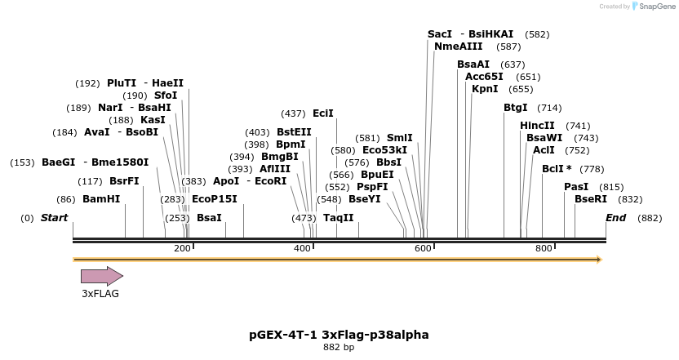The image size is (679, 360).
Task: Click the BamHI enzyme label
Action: coord(101,199)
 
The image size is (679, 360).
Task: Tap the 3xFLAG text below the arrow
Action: coord(100,294)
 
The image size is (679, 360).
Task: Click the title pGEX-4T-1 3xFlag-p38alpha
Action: coord(339,335)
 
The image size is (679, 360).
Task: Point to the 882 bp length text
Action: coord(339,348)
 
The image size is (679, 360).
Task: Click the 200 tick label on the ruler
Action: coord(182,248)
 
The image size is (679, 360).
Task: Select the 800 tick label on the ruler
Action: coord(544,248)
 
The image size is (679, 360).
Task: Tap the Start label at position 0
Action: coord(54,218)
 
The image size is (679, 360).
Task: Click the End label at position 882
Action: coord(615,218)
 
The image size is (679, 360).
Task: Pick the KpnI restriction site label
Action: coord(486,89)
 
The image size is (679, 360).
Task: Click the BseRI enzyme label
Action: coord(591,199)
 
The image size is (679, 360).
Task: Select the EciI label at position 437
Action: coord(322,113)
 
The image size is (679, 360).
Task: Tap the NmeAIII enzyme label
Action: coord(458,47)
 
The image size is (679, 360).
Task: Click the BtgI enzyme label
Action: coord(516,108)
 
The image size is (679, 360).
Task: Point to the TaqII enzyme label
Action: coord(338,218)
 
